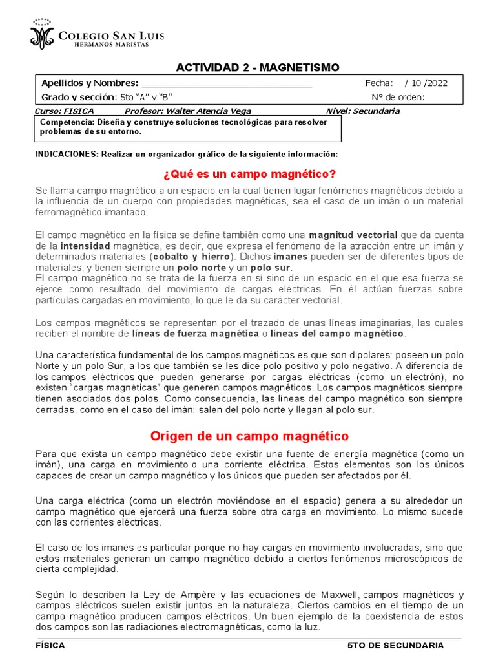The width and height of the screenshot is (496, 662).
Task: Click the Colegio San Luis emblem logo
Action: (x=43, y=34)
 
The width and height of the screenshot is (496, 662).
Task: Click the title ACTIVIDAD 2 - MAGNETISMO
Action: (x=258, y=68)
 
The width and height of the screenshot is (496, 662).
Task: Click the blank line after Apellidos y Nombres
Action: (x=226, y=83)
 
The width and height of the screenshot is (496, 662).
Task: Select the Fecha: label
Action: (x=379, y=83)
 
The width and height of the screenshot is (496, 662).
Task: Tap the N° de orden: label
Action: (x=398, y=97)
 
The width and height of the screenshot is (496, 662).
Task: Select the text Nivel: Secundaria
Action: (x=364, y=111)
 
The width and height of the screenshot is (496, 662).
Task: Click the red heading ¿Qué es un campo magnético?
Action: (x=249, y=174)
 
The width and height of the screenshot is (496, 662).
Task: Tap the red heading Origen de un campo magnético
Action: (x=249, y=436)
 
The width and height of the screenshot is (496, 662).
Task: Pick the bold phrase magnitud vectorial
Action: (x=353, y=234)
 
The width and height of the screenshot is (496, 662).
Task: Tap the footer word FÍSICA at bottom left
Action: (x=50, y=645)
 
